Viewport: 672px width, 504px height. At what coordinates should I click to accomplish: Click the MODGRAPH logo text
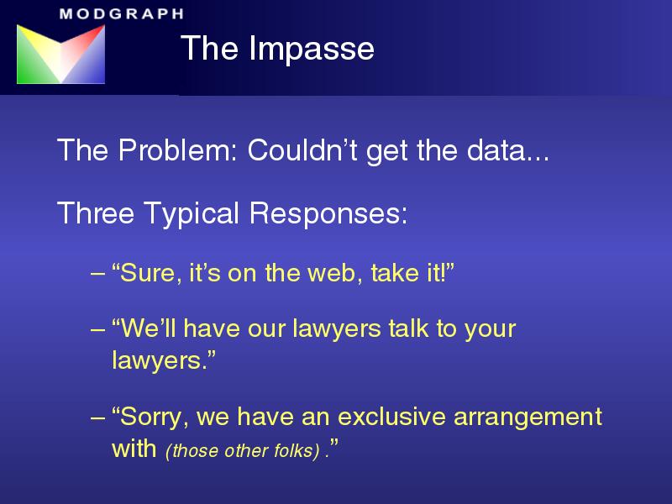click(x=122, y=13)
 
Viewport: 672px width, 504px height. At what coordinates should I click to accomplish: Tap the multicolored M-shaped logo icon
click(x=60, y=54)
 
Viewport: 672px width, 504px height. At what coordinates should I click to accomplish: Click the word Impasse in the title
click(x=312, y=49)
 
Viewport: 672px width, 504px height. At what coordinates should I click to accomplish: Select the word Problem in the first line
click(x=177, y=150)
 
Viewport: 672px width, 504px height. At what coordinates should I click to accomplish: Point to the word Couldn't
click(x=302, y=150)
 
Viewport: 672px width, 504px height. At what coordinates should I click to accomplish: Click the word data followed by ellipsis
click(x=508, y=150)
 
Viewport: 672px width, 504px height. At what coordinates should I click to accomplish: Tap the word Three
click(x=96, y=213)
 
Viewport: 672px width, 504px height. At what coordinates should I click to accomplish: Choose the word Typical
click(x=192, y=214)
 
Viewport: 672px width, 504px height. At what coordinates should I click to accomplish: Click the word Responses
click(x=328, y=214)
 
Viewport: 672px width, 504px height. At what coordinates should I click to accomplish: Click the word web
click(x=332, y=273)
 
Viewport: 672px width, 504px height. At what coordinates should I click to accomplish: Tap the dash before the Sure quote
click(x=97, y=274)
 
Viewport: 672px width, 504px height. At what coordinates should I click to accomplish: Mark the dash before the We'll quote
click(x=97, y=329)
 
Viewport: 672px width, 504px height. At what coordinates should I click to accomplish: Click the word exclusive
click(x=391, y=416)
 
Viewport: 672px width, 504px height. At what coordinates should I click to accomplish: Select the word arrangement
click(x=528, y=417)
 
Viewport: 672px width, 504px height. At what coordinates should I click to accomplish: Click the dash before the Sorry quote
click(x=97, y=417)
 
